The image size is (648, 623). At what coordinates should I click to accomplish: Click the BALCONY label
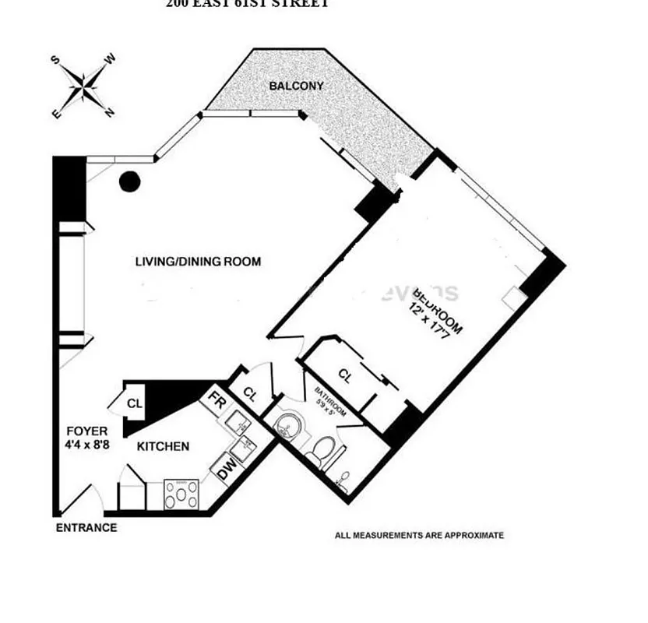[x=296, y=86]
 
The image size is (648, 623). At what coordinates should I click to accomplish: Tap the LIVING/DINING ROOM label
[x=198, y=262]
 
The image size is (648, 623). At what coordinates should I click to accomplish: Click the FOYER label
[x=86, y=431]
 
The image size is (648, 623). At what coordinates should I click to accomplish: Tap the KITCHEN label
[x=163, y=446]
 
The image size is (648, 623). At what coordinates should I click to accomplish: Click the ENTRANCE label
[x=86, y=528]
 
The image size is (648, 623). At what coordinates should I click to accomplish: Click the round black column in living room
[x=129, y=182]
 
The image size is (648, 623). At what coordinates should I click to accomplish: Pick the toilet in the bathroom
[x=323, y=450]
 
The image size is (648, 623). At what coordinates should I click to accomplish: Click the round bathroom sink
[x=287, y=427]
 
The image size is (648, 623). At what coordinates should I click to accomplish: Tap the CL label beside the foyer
[x=135, y=403]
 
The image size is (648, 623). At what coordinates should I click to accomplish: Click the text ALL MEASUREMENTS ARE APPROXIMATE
[x=419, y=535]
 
